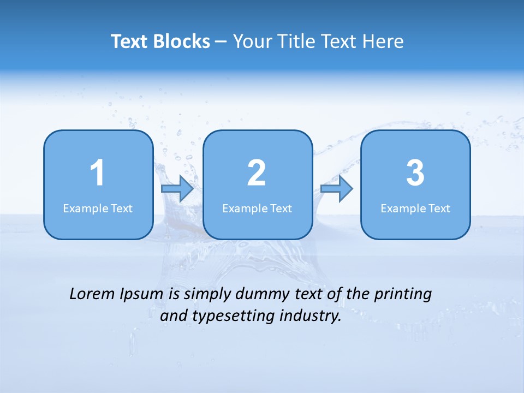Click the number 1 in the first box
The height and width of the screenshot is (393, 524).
[98, 173]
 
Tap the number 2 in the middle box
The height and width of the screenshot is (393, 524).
[257, 173]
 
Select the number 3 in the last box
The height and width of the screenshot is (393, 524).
[415, 173]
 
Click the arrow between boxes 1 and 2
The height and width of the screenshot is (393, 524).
[177, 189]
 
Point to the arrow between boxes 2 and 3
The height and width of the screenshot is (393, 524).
[337, 189]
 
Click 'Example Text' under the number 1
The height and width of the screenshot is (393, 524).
[98, 208]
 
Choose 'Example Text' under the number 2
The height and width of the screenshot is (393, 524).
[257, 208]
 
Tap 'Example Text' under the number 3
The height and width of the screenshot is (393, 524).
[415, 208]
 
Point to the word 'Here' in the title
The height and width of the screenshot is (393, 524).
[384, 41]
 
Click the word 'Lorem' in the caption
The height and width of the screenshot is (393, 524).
[92, 294]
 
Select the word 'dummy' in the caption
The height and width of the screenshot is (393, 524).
[260, 295]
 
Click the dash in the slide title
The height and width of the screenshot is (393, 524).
[221, 42]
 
